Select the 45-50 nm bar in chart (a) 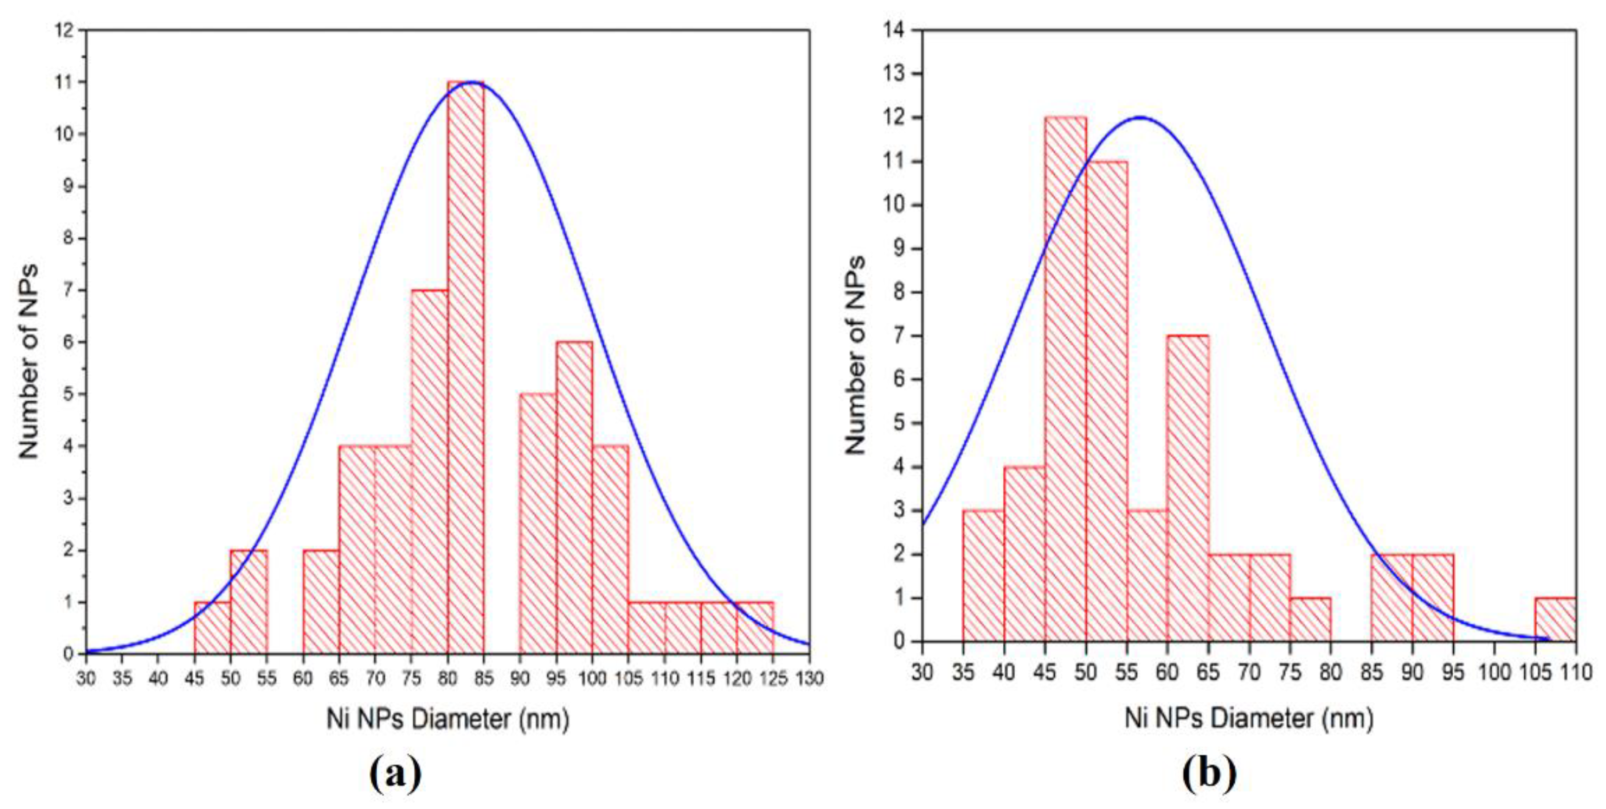click(213, 628)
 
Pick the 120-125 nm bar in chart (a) click(755, 628)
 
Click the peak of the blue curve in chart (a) click(473, 82)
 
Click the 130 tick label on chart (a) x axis click(809, 678)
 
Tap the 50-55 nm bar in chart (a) click(249, 601)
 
